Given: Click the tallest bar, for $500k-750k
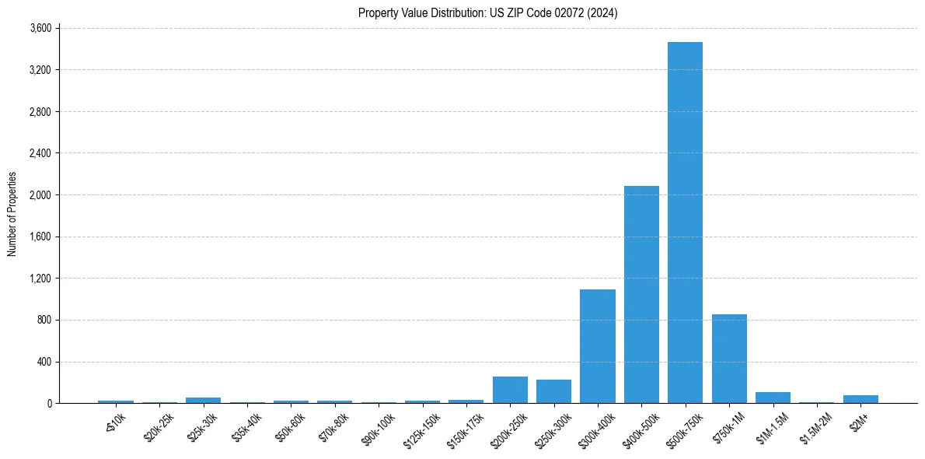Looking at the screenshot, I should [x=685, y=222].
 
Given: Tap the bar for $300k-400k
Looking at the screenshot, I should [x=597, y=346].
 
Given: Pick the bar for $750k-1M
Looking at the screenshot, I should [x=729, y=359].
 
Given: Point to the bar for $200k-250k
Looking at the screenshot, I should [x=510, y=390].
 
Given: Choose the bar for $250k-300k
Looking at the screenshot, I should [x=553, y=391].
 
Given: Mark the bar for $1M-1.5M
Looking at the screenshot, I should [x=773, y=398].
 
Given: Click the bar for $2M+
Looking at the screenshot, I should [x=860, y=399].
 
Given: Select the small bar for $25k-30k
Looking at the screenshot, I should [x=203, y=400].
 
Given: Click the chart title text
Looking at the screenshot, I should [x=487, y=12].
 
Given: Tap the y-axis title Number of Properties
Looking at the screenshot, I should [x=12, y=214].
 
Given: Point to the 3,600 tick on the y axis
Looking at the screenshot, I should [x=40, y=28].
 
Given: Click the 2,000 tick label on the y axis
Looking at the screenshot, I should [x=40, y=195].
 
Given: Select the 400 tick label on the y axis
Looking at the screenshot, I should [x=44, y=362].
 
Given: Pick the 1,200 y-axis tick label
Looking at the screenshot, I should [x=40, y=279].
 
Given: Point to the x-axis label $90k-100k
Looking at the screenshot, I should [x=379, y=427].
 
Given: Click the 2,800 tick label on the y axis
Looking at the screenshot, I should [x=40, y=111].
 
